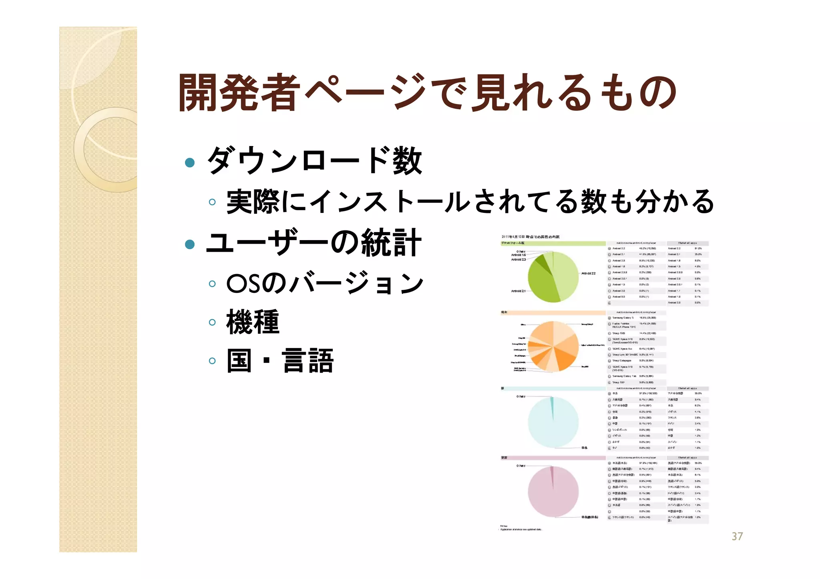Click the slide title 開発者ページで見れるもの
427,93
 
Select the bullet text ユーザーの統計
314,243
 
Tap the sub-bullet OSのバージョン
325,283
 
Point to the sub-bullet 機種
253,322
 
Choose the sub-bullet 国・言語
280,361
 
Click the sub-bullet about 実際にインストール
470,201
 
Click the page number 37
737,536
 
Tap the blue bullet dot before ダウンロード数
190,162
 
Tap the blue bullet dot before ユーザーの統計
190,244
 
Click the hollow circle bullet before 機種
212,322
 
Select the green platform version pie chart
553,277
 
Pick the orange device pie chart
553,347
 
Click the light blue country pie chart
553,422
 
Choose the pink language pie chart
553,492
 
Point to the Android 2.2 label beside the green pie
588,273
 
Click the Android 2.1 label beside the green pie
518,291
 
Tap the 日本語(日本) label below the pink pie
589,517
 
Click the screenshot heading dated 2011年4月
531,237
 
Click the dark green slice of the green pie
543,263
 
